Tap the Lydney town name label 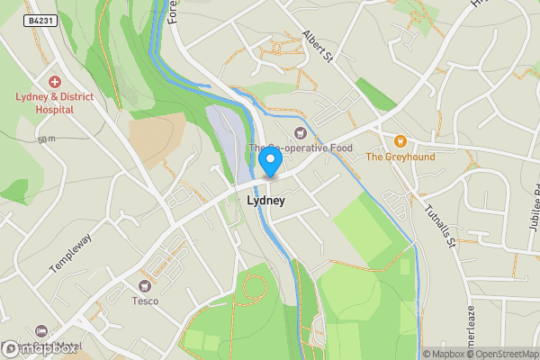[265, 201]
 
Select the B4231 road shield [41, 20]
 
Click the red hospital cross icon [54, 81]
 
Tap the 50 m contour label [47, 139]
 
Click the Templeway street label [70, 255]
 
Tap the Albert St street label [318, 46]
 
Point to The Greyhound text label [400, 157]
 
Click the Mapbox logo [40, 348]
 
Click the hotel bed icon [40, 331]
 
